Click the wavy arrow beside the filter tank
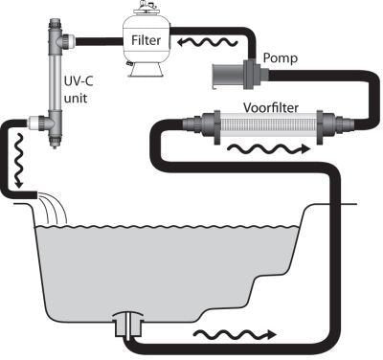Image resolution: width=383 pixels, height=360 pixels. point(203,42)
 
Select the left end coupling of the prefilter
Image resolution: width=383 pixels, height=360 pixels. point(197,124)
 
